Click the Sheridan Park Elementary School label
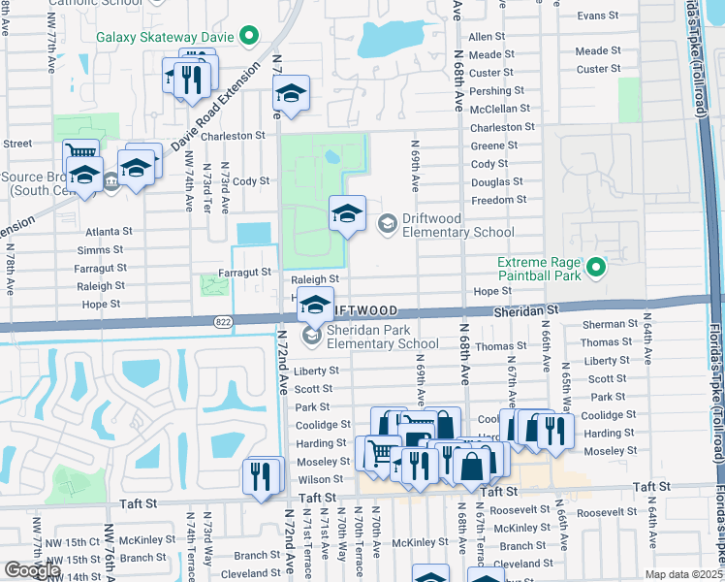(x=382, y=337)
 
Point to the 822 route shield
(x=222, y=320)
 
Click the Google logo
(x=32, y=570)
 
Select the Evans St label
(x=598, y=16)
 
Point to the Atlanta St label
(x=108, y=232)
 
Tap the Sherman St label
(x=608, y=325)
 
